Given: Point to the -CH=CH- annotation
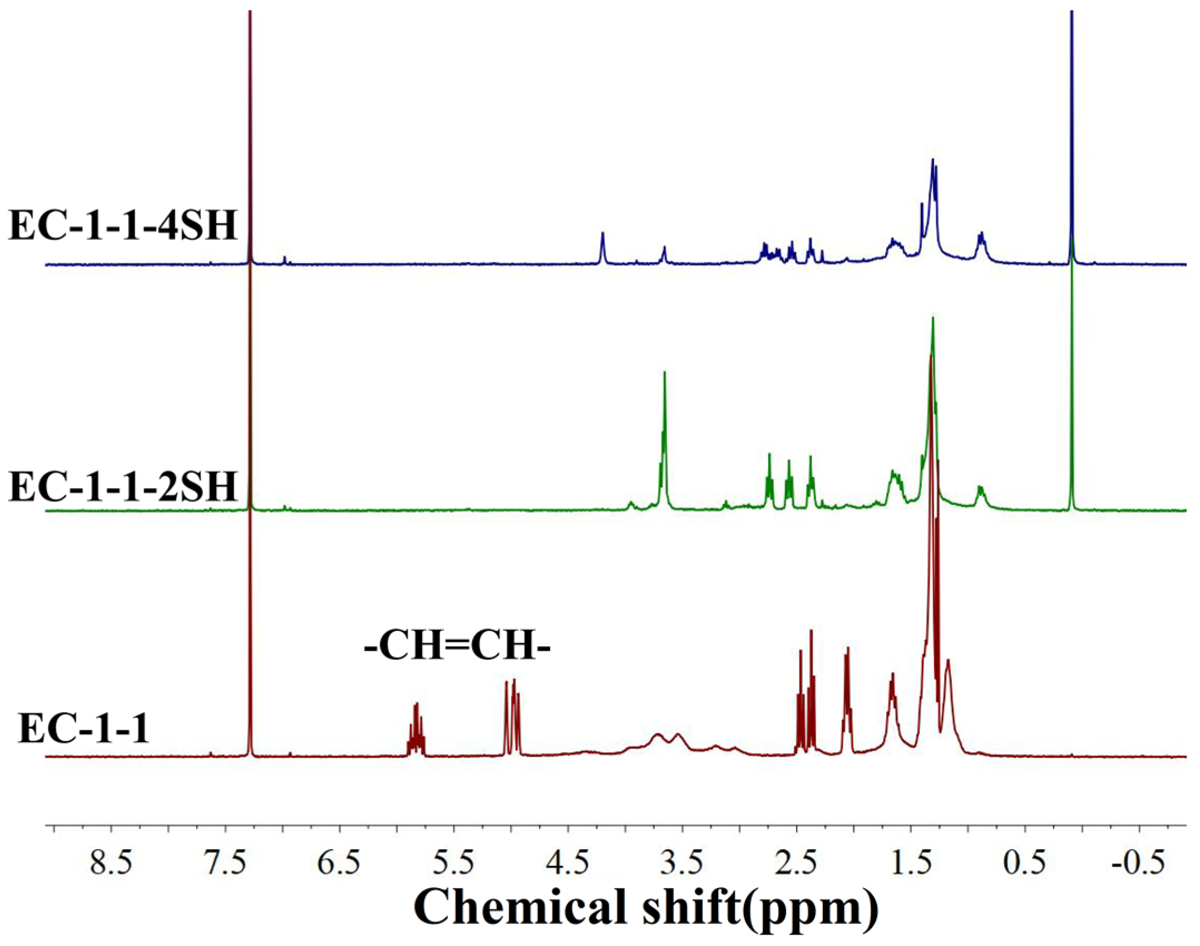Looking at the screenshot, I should pyautogui.click(x=457, y=648).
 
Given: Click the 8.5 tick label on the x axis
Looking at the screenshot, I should pyautogui.click(x=111, y=864).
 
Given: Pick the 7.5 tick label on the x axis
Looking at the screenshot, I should pyautogui.click(x=225, y=864).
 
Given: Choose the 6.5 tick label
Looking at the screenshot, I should pyautogui.click(x=339, y=864).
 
